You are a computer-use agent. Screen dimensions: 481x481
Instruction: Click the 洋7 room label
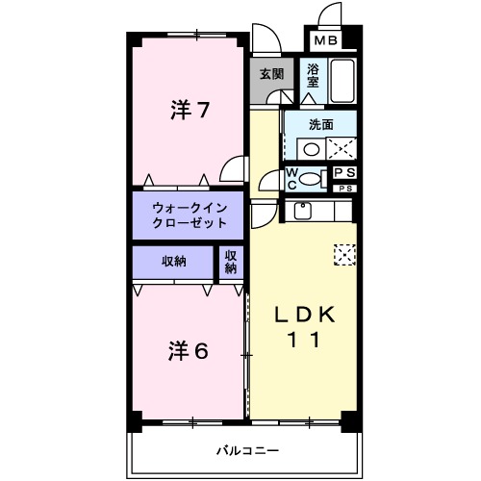tap(190, 110)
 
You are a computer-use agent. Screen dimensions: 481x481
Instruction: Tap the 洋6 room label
tap(190, 350)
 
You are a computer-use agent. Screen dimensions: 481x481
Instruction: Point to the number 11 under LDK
tap(305, 340)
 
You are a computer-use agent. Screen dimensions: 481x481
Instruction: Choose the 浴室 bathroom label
tap(313, 76)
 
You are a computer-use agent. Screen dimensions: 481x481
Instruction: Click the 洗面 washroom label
tap(321, 124)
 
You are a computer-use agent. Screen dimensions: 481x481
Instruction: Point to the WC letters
tap(292, 178)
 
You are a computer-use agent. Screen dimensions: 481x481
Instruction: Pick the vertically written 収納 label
tap(231, 261)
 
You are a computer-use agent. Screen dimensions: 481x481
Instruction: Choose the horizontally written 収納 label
tap(173, 261)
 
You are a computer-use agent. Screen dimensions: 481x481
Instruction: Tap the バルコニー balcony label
tap(247, 449)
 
